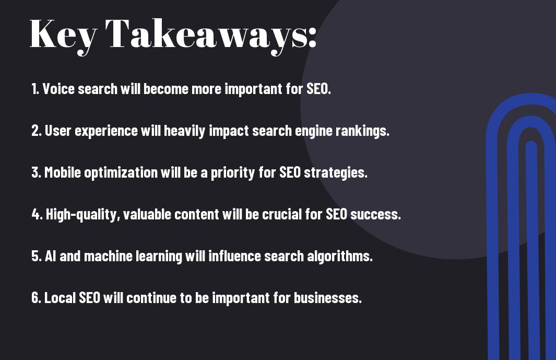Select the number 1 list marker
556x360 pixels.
point(35,89)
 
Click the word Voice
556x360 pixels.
point(58,89)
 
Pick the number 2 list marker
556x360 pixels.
point(36,131)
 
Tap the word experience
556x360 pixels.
point(106,131)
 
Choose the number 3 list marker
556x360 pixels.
point(36,172)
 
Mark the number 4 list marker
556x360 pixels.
point(37,214)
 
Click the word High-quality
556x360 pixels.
point(83,215)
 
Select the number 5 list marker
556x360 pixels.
point(37,256)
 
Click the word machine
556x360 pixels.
point(108,256)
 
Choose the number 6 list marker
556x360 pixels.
point(36,297)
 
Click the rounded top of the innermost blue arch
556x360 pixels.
point(531,145)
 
